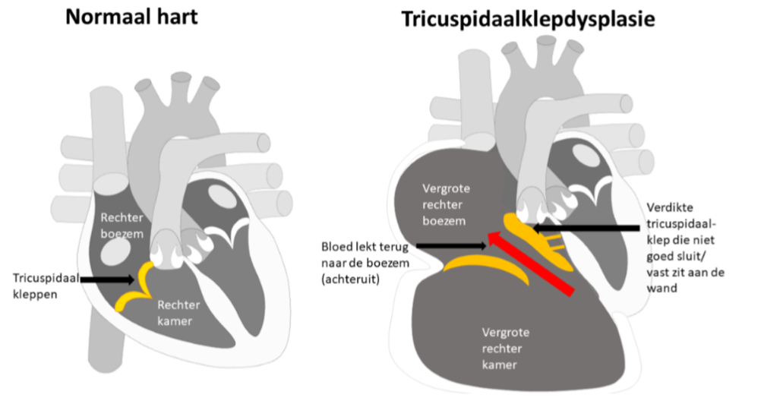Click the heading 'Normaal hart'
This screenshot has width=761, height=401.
point(131,17)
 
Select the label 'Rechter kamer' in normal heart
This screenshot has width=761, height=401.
point(178,313)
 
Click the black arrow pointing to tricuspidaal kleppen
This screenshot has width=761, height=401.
point(110,279)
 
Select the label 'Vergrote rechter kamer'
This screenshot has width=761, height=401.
point(504,349)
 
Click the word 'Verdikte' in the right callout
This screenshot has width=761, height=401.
point(667,207)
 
